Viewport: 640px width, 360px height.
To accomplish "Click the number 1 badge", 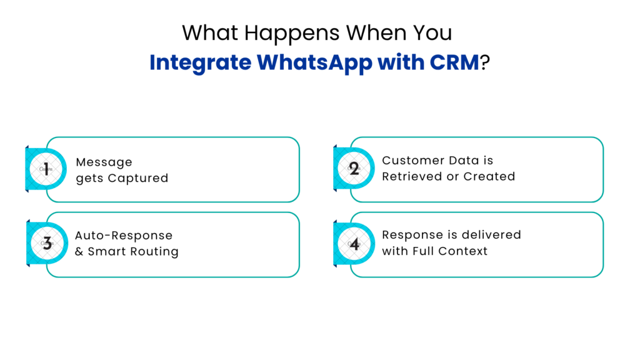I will click(46, 169).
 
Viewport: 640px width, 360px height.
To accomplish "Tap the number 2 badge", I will click(354, 169).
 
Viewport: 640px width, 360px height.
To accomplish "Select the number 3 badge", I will click(46, 244).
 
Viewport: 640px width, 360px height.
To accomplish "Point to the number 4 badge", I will click(354, 244).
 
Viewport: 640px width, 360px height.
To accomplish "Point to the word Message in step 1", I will click(104, 162).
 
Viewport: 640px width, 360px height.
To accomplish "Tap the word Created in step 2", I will click(490, 176).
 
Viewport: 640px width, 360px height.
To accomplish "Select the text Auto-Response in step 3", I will click(123, 236).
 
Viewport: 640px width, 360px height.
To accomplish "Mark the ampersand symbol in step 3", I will click(79, 251).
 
